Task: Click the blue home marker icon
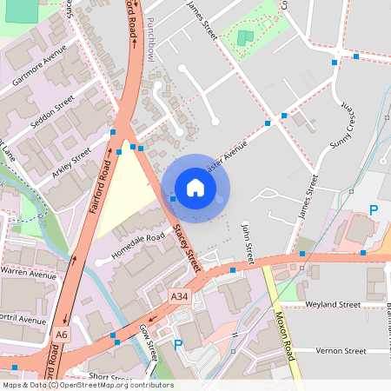tap(195, 188)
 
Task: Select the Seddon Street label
tap(53, 117)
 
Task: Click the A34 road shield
tap(179, 296)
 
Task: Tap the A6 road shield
tap(61, 334)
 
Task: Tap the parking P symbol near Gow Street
tap(178, 345)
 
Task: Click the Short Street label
tap(109, 377)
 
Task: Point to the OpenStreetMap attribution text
tap(88, 385)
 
